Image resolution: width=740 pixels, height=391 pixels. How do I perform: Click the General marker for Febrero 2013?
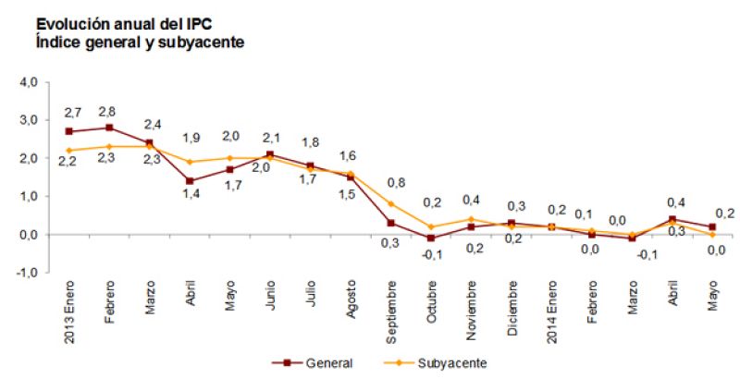point(109,128)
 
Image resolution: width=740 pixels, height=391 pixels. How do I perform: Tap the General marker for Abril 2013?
point(190,181)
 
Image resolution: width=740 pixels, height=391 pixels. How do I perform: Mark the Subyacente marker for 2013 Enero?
point(69,151)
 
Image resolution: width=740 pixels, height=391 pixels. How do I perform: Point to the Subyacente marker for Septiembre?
point(390,204)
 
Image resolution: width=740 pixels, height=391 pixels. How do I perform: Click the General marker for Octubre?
point(431,238)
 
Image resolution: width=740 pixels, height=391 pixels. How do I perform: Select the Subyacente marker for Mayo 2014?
point(712,235)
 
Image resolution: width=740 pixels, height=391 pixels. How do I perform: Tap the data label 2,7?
point(71,113)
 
